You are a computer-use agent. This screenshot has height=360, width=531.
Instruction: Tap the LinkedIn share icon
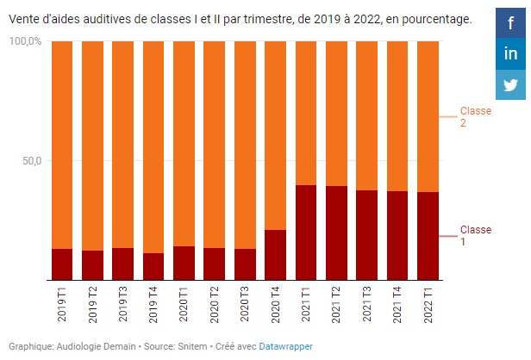(511, 53)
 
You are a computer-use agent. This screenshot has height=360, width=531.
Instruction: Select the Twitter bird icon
(511, 84)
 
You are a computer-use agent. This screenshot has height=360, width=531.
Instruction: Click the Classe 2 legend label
(475, 117)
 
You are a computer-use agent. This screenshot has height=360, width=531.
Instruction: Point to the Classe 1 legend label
(475, 236)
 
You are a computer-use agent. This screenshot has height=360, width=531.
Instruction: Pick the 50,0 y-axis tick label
(31, 161)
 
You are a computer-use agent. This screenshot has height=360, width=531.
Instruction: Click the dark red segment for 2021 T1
(306, 233)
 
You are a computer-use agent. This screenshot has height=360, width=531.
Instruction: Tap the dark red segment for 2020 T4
(275, 255)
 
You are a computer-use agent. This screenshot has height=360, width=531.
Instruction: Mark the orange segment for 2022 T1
(428, 116)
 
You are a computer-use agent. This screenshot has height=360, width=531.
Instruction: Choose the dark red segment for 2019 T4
(153, 266)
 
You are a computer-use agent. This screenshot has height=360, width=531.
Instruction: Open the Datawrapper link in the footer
(286, 346)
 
